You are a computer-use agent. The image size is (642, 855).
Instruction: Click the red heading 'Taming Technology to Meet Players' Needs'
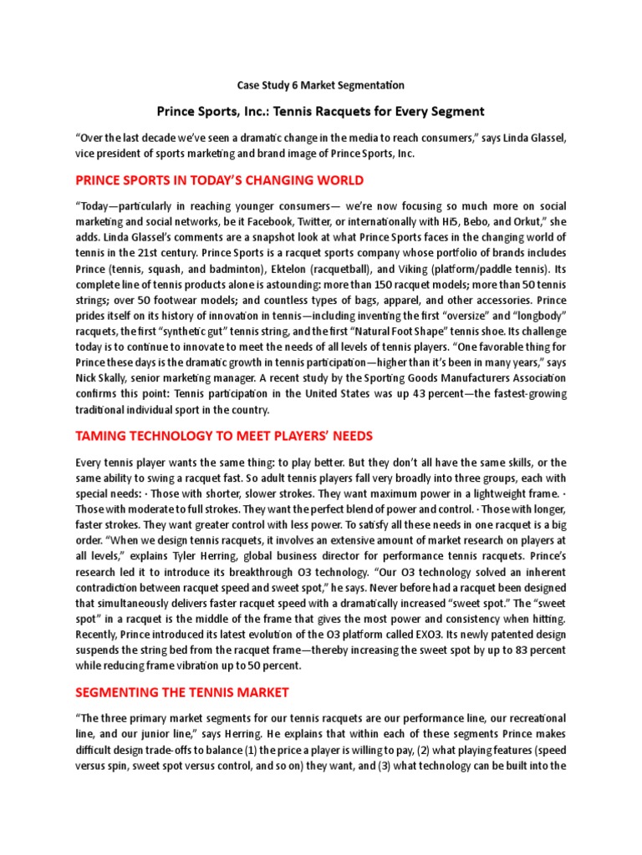pos(224,436)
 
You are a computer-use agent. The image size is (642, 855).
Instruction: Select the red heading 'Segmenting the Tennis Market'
pos(182,692)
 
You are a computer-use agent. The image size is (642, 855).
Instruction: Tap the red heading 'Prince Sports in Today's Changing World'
pos(220,180)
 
